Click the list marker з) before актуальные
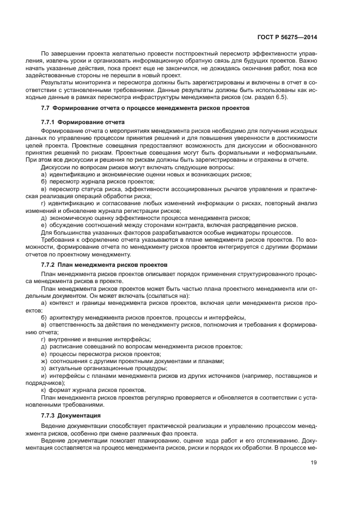coord(44,368)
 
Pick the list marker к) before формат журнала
coord(44,390)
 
